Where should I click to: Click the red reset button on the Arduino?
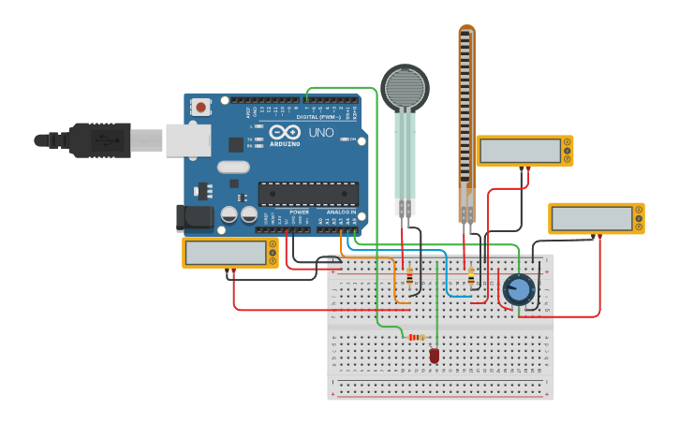pyautogui.click(x=200, y=107)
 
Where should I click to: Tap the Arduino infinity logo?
pyautogui.click(x=286, y=132)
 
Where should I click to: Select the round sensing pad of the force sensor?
pyautogui.click(x=405, y=88)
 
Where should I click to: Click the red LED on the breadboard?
pyautogui.click(x=435, y=355)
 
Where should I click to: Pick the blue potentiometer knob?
pyautogui.click(x=517, y=289)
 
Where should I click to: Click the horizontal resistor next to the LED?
pyautogui.click(x=415, y=337)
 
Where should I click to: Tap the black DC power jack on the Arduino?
pyautogui.click(x=196, y=217)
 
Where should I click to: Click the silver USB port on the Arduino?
pyautogui.click(x=188, y=139)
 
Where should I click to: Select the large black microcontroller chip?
pyautogui.click(x=308, y=193)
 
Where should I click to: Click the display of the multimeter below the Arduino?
pyautogui.click(x=226, y=253)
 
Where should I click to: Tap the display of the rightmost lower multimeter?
pyautogui.click(x=592, y=218)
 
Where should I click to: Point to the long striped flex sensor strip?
pyautogui.click(x=466, y=112)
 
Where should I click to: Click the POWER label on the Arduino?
pyautogui.click(x=299, y=212)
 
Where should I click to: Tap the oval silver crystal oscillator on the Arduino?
pyautogui.click(x=234, y=168)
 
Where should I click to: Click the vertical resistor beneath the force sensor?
pyautogui.click(x=409, y=275)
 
